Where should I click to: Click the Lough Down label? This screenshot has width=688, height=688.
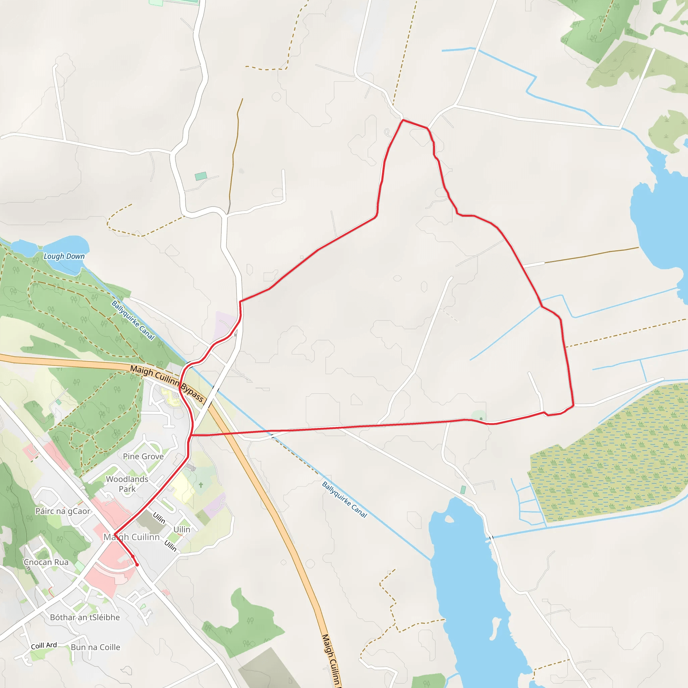click(x=64, y=256)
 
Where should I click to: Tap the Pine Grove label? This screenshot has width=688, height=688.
click(x=143, y=457)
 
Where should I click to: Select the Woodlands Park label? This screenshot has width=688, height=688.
click(x=127, y=484)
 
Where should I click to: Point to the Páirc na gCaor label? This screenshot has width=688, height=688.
click(x=63, y=511)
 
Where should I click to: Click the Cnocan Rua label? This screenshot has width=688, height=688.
click(x=46, y=562)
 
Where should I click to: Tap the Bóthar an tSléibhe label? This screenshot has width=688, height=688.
click(x=85, y=617)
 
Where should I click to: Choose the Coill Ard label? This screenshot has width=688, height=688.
click(x=44, y=645)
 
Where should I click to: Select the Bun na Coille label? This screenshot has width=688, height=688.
click(x=95, y=647)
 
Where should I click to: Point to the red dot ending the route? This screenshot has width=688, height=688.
click(x=137, y=564)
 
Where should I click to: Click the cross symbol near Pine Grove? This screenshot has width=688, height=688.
click(x=201, y=485)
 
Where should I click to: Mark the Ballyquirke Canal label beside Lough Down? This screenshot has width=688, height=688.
click(x=133, y=320)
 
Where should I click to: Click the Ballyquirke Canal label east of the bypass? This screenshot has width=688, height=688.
click(x=344, y=499)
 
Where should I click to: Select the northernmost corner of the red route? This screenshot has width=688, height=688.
click(x=403, y=120)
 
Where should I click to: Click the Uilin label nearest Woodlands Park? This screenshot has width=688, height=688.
click(x=159, y=518)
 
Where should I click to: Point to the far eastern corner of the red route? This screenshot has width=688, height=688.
click(x=573, y=405)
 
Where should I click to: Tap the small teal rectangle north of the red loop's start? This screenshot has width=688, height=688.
click(x=201, y=176)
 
